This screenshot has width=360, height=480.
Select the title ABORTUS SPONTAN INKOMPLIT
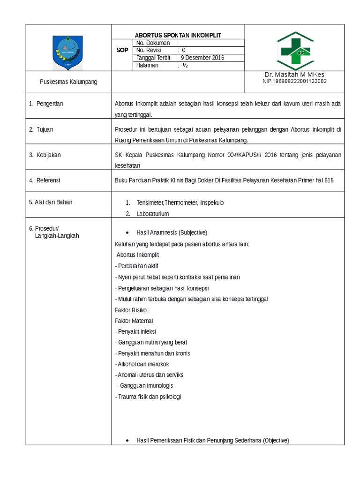pos(178,35)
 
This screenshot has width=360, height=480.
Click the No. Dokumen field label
pos(153,43)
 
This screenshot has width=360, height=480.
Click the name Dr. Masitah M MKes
pos(294,75)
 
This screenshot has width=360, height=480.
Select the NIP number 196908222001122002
pos(294,81)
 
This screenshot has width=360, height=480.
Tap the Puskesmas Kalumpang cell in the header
pos(68,82)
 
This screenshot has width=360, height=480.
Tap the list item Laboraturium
pos(152,213)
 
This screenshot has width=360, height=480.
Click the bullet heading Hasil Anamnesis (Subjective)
pos(172,232)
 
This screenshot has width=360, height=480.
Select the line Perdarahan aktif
pos(137,266)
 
